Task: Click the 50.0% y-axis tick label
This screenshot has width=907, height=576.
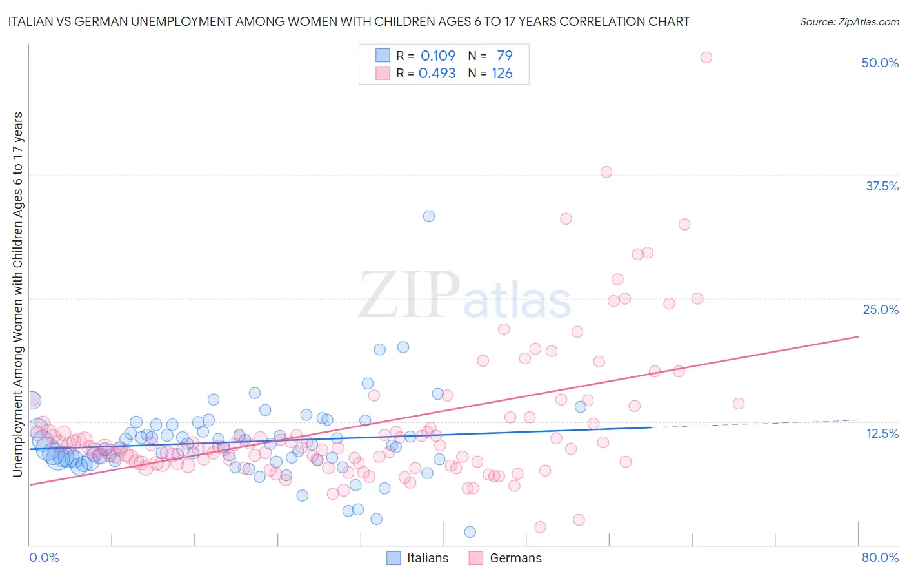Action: pyautogui.click(x=880, y=63)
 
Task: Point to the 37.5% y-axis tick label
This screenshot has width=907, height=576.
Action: pyautogui.click(x=881, y=186)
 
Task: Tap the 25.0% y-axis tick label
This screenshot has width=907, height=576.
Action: pyautogui.click(x=881, y=309)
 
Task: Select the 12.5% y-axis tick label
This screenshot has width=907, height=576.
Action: pyautogui.click(x=882, y=433)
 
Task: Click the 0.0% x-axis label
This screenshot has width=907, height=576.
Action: pyautogui.click(x=44, y=557)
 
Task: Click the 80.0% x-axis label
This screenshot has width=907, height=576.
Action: pyautogui.click(x=880, y=557)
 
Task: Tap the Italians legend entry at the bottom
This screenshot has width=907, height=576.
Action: pyautogui.click(x=417, y=558)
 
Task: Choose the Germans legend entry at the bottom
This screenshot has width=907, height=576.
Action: pyautogui.click(x=505, y=558)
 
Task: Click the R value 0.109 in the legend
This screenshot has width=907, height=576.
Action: pyautogui.click(x=438, y=56)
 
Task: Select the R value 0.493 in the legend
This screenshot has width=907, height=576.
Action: pyautogui.click(x=437, y=74)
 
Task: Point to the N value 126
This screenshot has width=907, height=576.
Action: pyautogui.click(x=502, y=74)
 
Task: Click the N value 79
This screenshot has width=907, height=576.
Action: pyautogui.click(x=504, y=56)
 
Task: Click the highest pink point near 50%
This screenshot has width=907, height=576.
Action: pyautogui.click(x=706, y=57)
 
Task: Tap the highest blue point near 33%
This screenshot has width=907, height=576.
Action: pyautogui.click(x=429, y=216)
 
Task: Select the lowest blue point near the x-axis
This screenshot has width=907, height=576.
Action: pyautogui.click(x=470, y=531)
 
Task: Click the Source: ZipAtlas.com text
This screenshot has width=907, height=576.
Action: pyautogui.click(x=849, y=22)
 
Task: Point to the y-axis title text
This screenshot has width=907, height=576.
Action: pyautogui.click(x=17, y=294)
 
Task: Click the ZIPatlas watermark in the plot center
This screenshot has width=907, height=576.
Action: pyautogui.click(x=464, y=296)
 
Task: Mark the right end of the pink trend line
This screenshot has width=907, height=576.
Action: pyautogui.click(x=858, y=336)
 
